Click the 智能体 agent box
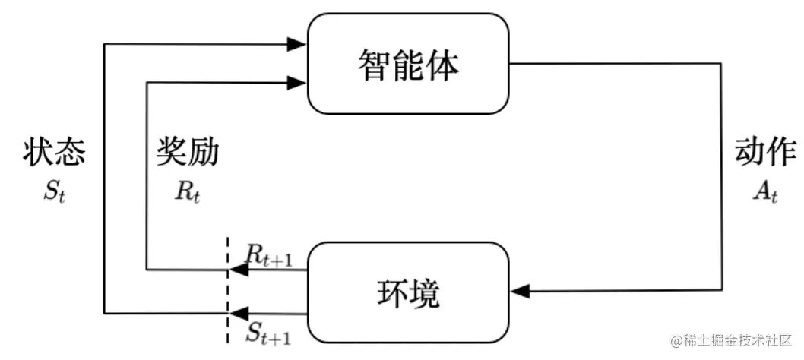coord(408,64)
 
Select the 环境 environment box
coord(408,292)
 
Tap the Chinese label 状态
coord(54,153)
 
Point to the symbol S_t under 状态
coord(54,191)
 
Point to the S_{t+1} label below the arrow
coord(268,331)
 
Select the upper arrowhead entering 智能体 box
coord(299,45)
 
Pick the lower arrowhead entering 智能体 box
coord(299,82)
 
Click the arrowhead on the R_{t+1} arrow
coord(237,270)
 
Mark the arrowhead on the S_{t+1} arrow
coord(237,312)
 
